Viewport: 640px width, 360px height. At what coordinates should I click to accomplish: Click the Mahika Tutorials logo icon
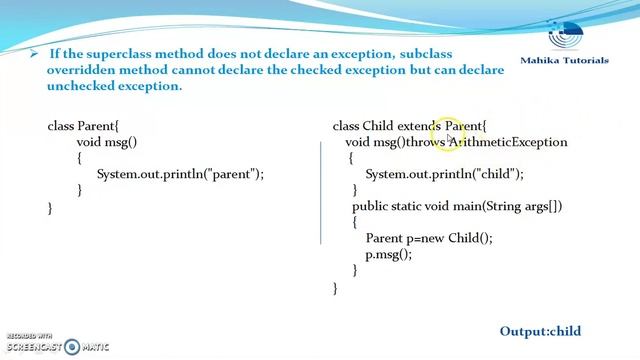click(x=576, y=30)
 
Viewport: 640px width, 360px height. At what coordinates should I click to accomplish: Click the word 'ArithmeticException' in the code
click(x=510, y=142)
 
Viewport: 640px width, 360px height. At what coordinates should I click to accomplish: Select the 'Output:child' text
click(x=540, y=331)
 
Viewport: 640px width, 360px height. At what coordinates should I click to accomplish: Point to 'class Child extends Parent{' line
click(x=409, y=126)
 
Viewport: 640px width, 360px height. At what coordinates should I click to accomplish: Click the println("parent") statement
click(x=180, y=174)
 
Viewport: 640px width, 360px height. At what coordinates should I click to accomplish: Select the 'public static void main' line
click(x=457, y=206)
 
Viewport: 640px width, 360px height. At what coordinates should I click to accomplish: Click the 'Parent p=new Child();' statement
click(x=429, y=238)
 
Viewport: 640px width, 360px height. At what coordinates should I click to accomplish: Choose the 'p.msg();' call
click(x=388, y=254)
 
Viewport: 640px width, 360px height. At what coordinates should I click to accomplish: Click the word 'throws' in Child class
click(x=425, y=142)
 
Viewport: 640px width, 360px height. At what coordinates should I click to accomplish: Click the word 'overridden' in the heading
click(x=84, y=69)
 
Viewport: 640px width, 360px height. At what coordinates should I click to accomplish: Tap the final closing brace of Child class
click(x=336, y=287)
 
